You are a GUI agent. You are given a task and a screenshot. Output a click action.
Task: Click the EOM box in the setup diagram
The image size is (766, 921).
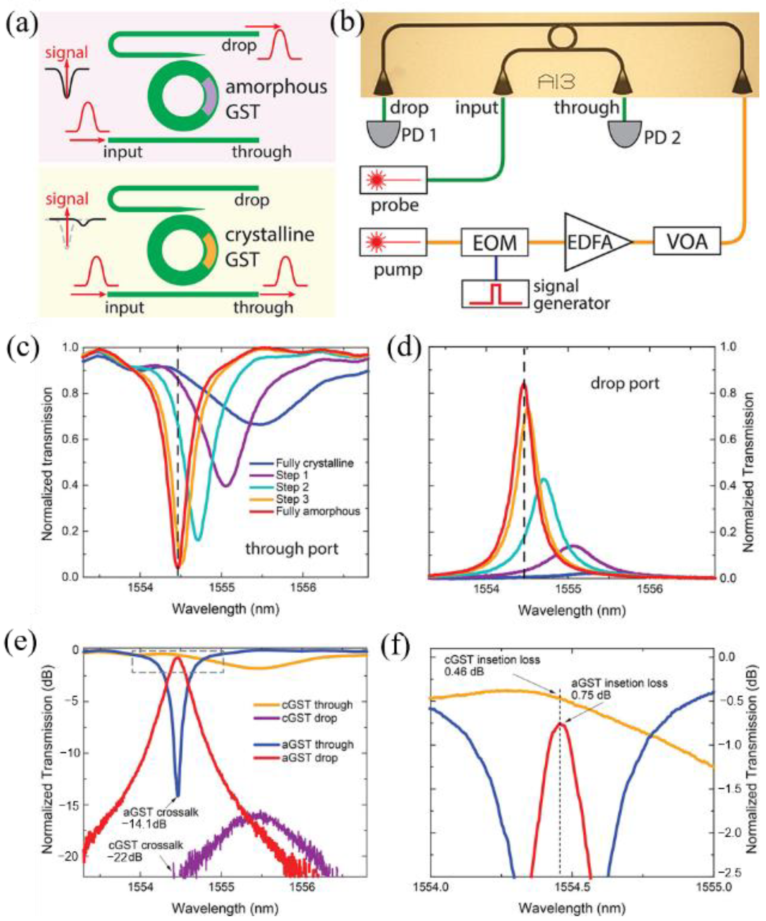pos(494,242)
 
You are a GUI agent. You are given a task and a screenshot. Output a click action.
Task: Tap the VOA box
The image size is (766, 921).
pos(687,241)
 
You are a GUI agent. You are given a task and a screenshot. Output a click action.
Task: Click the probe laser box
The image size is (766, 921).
pos(393,180)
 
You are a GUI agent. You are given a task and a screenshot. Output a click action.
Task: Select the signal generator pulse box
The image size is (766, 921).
pos(495,293)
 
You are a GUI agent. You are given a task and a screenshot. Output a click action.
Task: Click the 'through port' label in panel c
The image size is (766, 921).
pos(292,549)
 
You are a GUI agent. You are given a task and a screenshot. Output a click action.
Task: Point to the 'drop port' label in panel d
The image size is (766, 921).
pos(625,383)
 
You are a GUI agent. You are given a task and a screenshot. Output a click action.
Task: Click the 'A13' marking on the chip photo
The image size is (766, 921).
pos(558,83)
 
